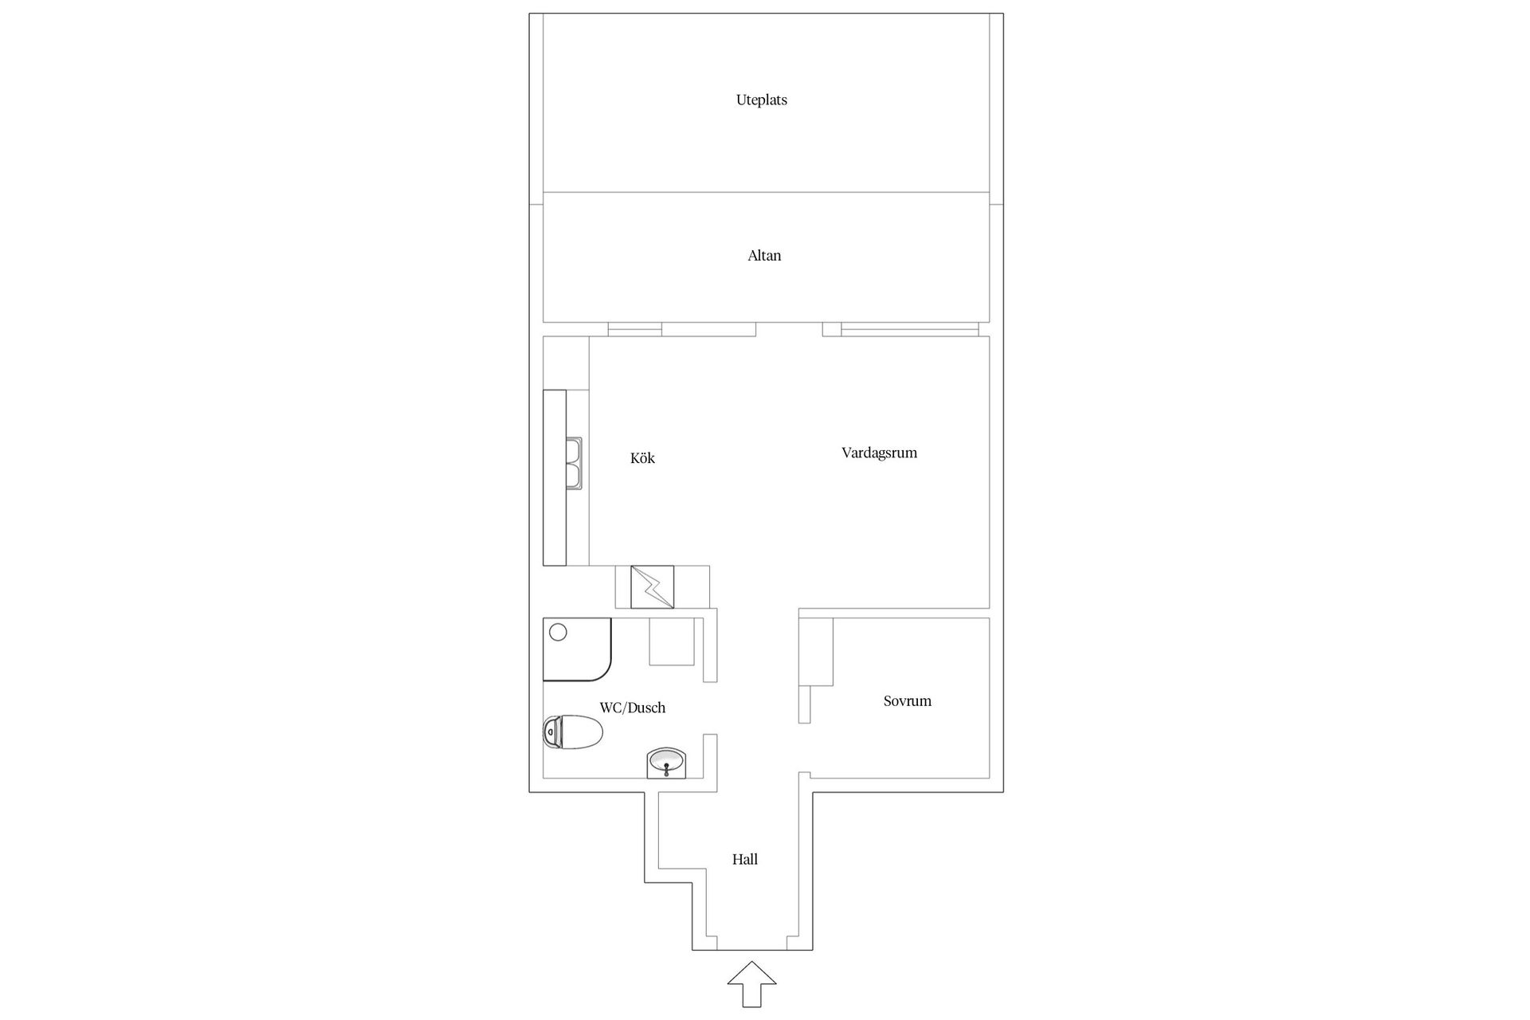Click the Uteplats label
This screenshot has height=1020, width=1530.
(761, 100)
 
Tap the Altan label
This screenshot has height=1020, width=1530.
(763, 256)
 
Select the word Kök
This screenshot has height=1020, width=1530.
(642, 458)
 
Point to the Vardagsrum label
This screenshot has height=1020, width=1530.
(879, 453)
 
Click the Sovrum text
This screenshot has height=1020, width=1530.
(907, 701)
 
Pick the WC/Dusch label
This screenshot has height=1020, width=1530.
(632, 708)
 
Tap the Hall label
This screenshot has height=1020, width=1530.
(744, 859)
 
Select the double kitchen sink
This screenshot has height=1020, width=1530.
(574, 463)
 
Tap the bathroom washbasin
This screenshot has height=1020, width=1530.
(666, 763)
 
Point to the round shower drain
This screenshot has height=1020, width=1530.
(558, 632)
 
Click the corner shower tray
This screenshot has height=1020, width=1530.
(576, 649)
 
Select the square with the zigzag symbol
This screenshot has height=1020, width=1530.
(652, 586)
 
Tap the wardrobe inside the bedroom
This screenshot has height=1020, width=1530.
(816, 651)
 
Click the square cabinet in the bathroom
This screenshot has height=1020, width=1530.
(672, 641)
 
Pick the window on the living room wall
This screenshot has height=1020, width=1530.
(908, 328)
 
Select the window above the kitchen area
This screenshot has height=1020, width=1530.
(634, 328)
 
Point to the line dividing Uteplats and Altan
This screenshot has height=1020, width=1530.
(765, 192)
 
